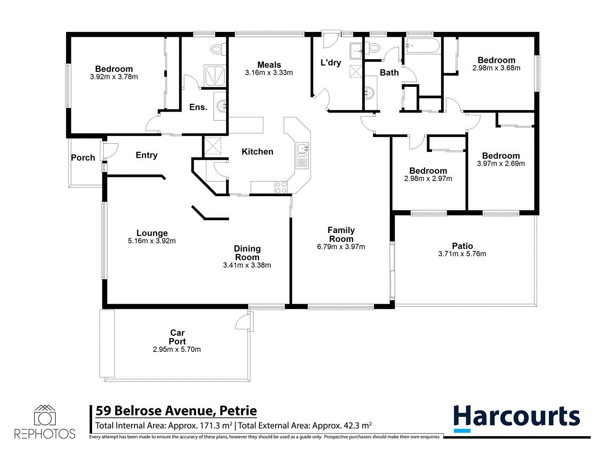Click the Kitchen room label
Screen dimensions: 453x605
[x=257, y=152]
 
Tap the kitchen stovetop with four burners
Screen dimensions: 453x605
[x=281, y=187]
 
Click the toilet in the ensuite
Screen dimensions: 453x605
[x=217, y=49]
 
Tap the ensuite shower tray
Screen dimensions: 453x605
[x=215, y=76]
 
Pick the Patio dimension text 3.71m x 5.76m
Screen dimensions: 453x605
[x=462, y=254]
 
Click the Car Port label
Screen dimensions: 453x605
[x=177, y=337]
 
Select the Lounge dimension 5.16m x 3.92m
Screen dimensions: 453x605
[x=152, y=241]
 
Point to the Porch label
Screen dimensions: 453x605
[x=83, y=158]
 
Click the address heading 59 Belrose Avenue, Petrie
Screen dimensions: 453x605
[x=176, y=411]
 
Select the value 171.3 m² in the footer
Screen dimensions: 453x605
[x=212, y=426]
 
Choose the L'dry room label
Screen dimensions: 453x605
[x=331, y=63]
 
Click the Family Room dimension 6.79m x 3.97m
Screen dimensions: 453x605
[x=341, y=247]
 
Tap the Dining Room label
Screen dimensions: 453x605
[x=247, y=253]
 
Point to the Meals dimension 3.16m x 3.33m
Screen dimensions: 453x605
[x=269, y=73]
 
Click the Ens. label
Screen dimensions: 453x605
[x=198, y=107]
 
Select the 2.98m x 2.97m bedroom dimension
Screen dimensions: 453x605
[x=428, y=179]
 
